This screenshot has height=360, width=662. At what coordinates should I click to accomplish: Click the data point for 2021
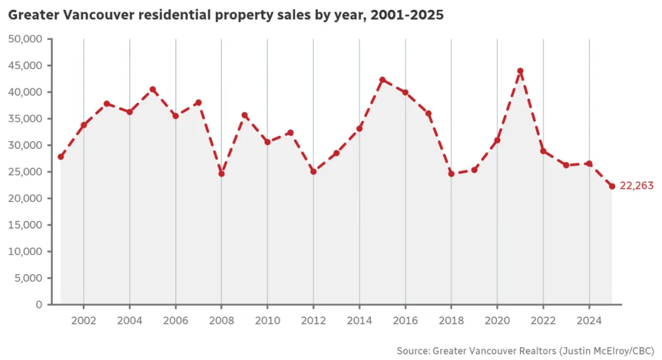520,71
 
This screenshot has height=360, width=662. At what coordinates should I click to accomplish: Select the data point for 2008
221,174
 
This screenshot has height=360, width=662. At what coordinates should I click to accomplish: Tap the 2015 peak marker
382,80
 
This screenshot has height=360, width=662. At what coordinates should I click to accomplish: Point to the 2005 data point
153,90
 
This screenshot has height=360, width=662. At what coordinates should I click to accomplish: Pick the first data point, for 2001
61,156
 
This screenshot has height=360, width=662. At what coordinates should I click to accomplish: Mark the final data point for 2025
612,186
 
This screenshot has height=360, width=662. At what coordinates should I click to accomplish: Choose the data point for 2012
313,172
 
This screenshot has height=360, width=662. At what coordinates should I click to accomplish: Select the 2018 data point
451,174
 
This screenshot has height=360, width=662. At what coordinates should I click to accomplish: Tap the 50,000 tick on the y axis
26,39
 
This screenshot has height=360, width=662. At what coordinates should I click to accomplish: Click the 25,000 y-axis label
26,172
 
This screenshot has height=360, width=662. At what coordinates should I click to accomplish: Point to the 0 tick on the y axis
39,304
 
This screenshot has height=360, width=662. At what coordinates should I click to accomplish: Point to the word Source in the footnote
413,351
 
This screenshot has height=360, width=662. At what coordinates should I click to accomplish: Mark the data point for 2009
245,115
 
